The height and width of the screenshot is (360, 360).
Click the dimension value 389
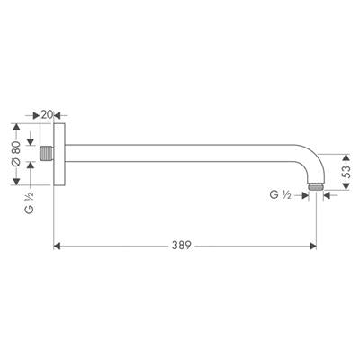[x=181, y=244]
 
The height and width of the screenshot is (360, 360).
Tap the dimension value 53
[x=345, y=171]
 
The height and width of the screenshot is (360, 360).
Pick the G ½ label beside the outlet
[x=279, y=193]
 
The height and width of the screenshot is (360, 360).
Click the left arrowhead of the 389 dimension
[x=58, y=244]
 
